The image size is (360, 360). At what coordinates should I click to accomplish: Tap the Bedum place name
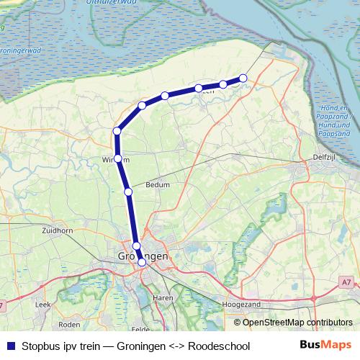click(x=158, y=184)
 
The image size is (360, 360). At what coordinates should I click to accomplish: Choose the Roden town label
click(x=68, y=324)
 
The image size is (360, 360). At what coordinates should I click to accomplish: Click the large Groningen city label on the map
click(x=143, y=256)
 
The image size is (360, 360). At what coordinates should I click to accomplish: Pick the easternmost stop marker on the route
click(x=243, y=78)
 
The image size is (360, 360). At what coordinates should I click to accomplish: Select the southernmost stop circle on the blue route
click(x=142, y=263)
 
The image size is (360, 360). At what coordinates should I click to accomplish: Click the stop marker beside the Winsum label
click(x=117, y=158)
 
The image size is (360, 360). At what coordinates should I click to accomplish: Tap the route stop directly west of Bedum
click(x=128, y=192)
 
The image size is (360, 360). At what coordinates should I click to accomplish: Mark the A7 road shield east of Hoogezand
click(x=347, y=282)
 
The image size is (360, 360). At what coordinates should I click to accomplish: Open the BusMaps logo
click(x=325, y=346)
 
